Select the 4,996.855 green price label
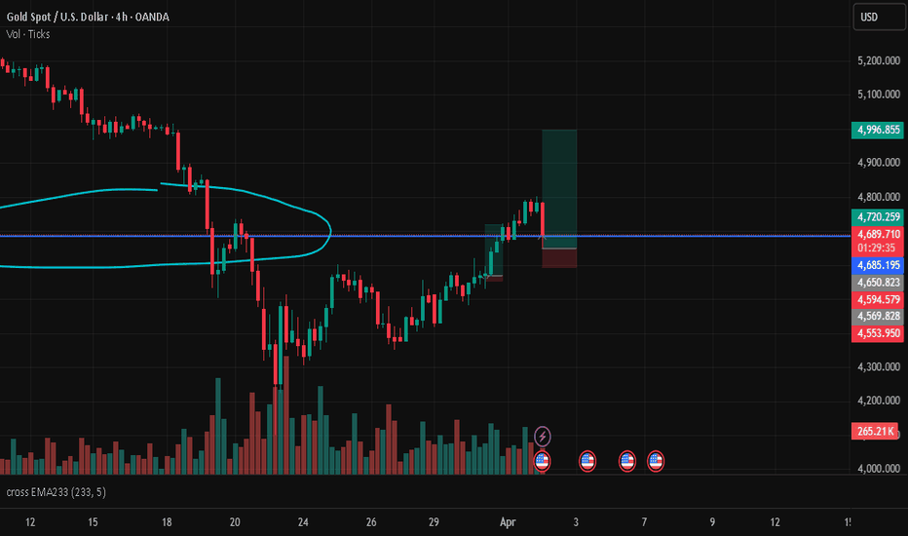point(877,129)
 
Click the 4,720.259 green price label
point(877,216)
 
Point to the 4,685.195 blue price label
point(877,264)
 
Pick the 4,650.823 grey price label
point(877,282)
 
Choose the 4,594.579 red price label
point(877,299)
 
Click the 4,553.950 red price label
point(877,333)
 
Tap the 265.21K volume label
point(877,431)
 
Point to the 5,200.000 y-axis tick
point(877,60)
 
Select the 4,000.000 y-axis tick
point(877,469)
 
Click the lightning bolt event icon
point(544,437)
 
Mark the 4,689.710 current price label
point(877,234)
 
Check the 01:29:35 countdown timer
point(877,248)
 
